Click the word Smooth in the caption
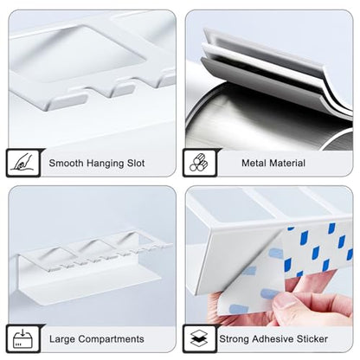(67, 163)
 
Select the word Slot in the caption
(136, 163)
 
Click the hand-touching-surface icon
(23, 162)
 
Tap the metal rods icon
(199, 163)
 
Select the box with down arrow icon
(22, 338)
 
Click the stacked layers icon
(199, 338)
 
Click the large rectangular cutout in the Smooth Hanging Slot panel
(78, 52)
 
